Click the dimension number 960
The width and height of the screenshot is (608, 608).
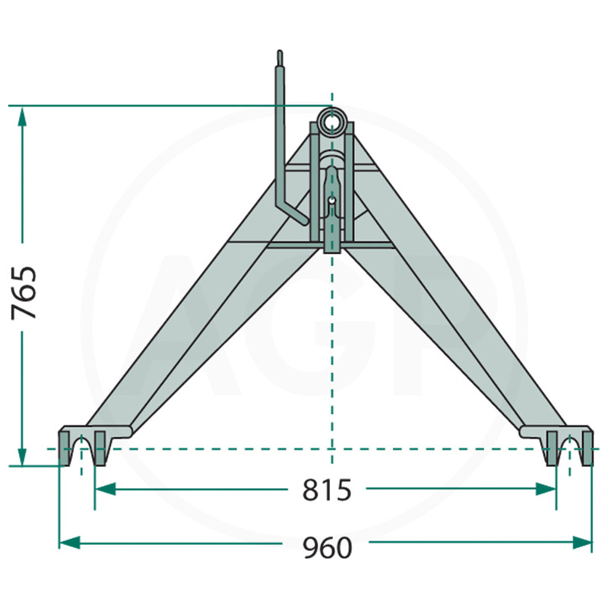pyautogui.click(x=327, y=547)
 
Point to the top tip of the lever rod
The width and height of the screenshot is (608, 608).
pyautogui.click(x=280, y=53)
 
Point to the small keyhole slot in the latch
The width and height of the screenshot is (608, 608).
pyautogui.click(x=332, y=201)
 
